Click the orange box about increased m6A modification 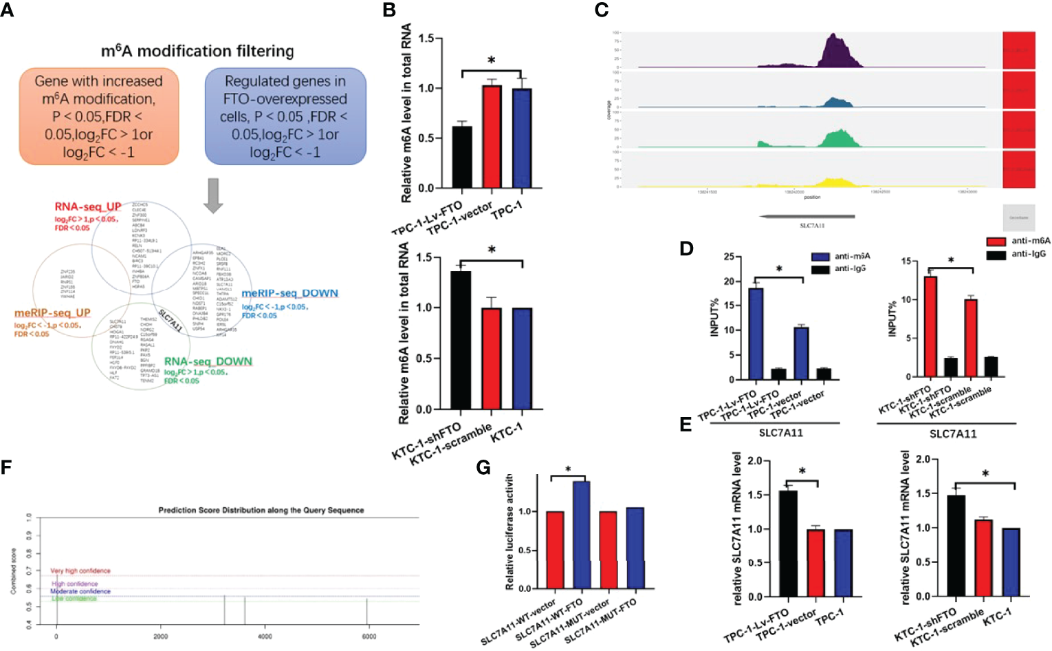click(x=98, y=116)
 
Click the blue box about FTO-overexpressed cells click(x=285, y=116)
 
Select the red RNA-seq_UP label click(x=88, y=206)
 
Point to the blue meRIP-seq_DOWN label click(x=289, y=293)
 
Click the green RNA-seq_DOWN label click(x=208, y=361)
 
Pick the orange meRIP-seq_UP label click(x=52, y=313)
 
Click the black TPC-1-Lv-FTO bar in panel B click(x=461, y=158)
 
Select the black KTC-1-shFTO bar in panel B click(x=460, y=341)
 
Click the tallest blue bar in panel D click(x=756, y=334)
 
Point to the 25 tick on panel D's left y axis click(x=728, y=257)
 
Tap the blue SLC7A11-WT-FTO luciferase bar click(x=582, y=535)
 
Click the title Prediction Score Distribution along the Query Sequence click(x=261, y=510)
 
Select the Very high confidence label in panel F click(x=80, y=570)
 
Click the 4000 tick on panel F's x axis click(x=265, y=637)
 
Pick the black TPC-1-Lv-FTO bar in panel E click(x=788, y=544)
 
